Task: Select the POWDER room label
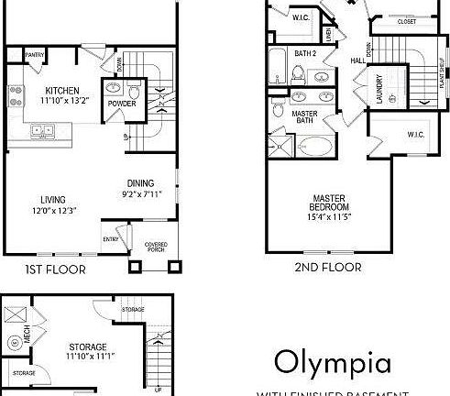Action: [x=122, y=104]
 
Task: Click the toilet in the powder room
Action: [x=135, y=92]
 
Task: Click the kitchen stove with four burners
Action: [x=15, y=92]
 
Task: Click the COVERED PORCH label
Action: [x=156, y=247]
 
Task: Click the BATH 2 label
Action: [x=305, y=53]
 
